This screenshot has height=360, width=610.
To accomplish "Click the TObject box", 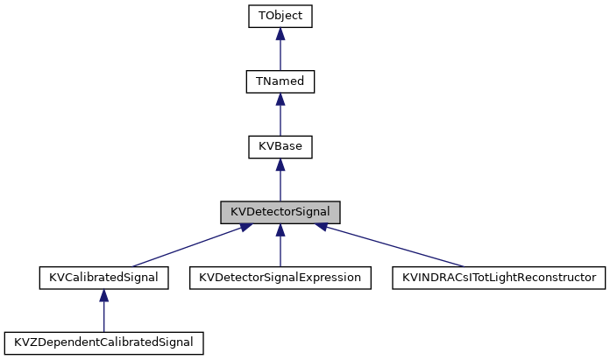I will (280, 16).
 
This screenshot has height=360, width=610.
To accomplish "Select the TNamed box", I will (280, 81).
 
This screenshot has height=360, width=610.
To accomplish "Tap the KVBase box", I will (280, 146).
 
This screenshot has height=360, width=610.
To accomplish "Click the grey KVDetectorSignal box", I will (280, 212).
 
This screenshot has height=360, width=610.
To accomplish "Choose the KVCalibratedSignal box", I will (104, 278).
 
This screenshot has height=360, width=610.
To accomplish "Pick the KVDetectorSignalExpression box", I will (280, 278).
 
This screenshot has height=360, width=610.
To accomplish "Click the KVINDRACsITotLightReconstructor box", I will (499, 278).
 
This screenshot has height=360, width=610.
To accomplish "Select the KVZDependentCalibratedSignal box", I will (104, 342).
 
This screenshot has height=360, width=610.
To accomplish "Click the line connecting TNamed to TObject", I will (280, 54).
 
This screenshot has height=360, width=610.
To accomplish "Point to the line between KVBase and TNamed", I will (280, 120).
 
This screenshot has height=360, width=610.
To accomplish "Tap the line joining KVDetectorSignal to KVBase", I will (280, 186).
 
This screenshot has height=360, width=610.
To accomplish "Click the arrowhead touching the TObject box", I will (280, 34).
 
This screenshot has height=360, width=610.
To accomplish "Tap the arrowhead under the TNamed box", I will (280, 100).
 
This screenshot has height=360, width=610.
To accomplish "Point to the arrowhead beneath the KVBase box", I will (280, 165).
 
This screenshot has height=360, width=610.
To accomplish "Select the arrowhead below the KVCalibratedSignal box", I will (104, 296).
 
